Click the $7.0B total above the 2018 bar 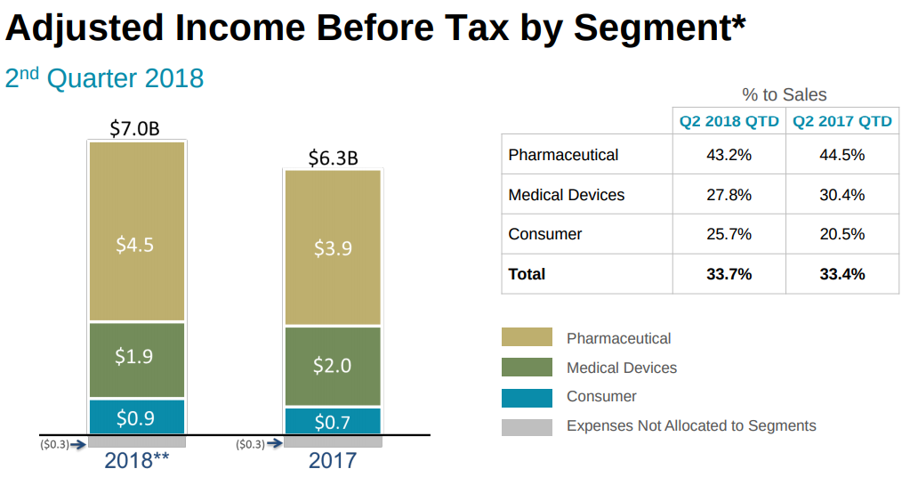click(135, 129)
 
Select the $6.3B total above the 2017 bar click(333, 158)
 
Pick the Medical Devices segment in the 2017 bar click(333, 365)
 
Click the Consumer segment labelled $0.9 click(136, 417)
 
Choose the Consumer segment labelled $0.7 click(333, 422)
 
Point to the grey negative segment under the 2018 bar click(136, 441)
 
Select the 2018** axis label click(136, 461)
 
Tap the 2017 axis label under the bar click(333, 461)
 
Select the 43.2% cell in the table click(729, 155)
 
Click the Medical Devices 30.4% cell click(842, 195)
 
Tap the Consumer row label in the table click(545, 234)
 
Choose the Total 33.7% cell click(729, 274)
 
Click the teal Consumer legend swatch click(527, 397)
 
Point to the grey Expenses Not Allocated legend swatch click(527, 426)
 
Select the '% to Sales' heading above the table click(785, 94)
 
